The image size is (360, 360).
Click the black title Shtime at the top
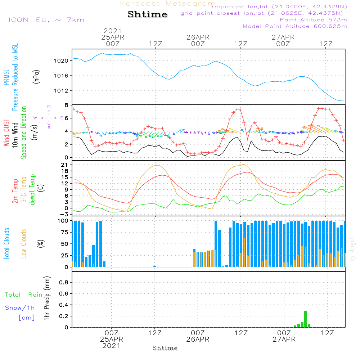coord(147,14)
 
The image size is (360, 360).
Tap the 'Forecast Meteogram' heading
coord(168,4)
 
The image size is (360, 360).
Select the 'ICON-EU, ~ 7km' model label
coord(46,20)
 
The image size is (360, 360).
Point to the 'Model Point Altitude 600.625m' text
coord(295,26)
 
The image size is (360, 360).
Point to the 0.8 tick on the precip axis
coord(64,283)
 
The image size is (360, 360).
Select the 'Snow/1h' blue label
coord(20,308)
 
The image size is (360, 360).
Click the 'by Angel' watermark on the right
coord(352,249)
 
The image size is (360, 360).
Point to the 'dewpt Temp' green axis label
coord(32,190)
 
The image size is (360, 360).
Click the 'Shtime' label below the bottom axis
coord(165,348)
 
